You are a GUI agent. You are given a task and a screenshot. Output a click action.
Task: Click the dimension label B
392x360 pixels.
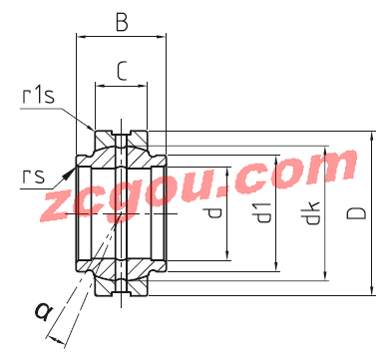(x=122, y=22)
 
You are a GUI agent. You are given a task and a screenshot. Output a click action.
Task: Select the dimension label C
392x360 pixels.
(x=122, y=72)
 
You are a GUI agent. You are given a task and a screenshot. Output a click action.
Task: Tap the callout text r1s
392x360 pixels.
(x=38, y=96)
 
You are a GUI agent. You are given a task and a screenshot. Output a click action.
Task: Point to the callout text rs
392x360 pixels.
(x=33, y=177)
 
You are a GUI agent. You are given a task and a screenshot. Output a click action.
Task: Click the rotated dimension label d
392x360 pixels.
(x=213, y=212)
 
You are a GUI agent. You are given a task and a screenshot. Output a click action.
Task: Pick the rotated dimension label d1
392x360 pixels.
(x=262, y=212)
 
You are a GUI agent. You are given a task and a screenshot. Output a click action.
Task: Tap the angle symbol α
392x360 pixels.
(x=44, y=312)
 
